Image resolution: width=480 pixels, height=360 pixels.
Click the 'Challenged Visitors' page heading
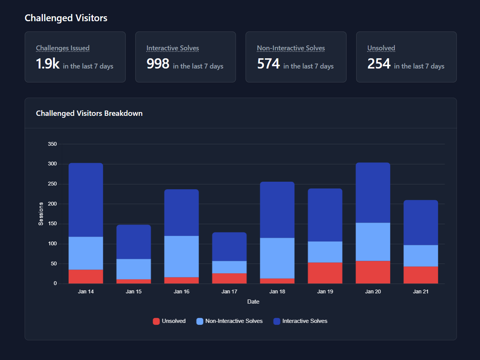click(66, 18)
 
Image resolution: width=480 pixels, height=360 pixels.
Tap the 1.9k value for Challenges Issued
click(47, 64)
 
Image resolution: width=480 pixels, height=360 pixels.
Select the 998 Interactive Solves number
click(158, 64)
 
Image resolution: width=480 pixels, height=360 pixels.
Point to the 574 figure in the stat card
click(268, 64)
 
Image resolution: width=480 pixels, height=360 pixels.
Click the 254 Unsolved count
click(379, 64)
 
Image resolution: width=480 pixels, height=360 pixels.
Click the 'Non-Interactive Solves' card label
click(291, 48)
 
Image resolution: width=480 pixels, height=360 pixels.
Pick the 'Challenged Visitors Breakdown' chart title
click(89, 113)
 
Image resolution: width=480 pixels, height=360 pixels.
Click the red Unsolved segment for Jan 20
click(373, 272)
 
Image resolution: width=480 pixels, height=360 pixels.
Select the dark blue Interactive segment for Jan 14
click(86, 200)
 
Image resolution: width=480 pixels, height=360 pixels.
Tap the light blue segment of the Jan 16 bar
click(181, 256)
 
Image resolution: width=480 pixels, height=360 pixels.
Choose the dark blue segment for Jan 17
click(230, 247)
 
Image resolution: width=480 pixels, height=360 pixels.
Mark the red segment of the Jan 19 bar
click(325, 273)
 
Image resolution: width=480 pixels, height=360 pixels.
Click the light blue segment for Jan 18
click(277, 258)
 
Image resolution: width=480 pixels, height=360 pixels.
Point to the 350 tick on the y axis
click(52, 144)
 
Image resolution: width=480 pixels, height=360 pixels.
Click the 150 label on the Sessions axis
click(52, 224)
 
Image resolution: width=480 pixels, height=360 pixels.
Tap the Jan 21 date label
click(421, 291)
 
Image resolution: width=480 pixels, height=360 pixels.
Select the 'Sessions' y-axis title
click(41, 214)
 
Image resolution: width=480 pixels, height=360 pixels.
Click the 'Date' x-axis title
click(253, 302)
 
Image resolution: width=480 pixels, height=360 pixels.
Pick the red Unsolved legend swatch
click(156, 321)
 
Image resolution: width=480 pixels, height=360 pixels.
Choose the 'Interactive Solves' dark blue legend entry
click(300, 321)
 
